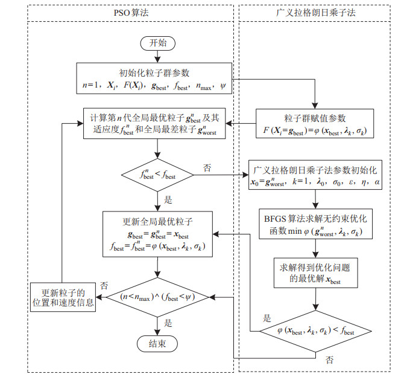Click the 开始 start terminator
tap(157, 43)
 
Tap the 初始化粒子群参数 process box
tap(154, 78)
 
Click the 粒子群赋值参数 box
tap(312, 123)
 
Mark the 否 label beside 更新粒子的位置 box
tap(104, 284)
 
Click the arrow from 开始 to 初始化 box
tap(157, 56)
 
